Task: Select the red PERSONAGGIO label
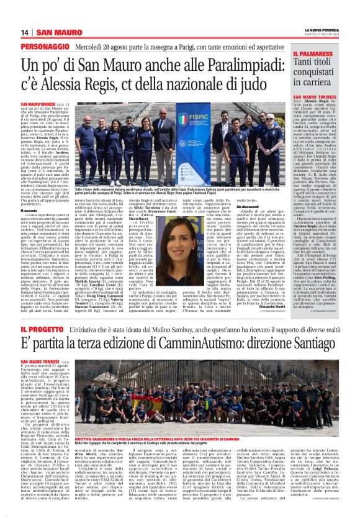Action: (x=42, y=47)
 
